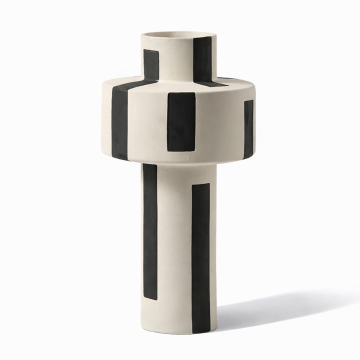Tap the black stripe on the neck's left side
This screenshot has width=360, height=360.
(x=149, y=62)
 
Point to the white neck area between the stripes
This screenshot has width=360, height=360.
(x=176, y=62)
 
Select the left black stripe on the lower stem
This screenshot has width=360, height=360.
(x=151, y=230)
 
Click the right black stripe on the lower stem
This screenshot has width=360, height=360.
(x=200, y=250)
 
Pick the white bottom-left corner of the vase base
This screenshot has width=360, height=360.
(x=143, y=304)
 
